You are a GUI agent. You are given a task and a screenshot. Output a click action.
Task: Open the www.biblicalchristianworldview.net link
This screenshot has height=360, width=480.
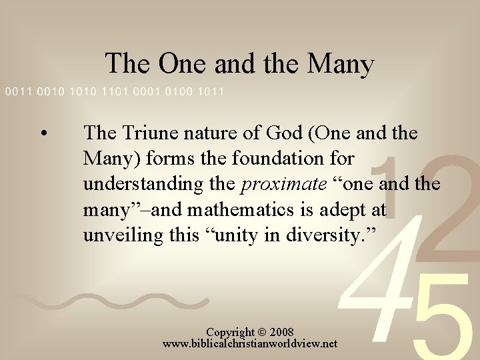[250, 344]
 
